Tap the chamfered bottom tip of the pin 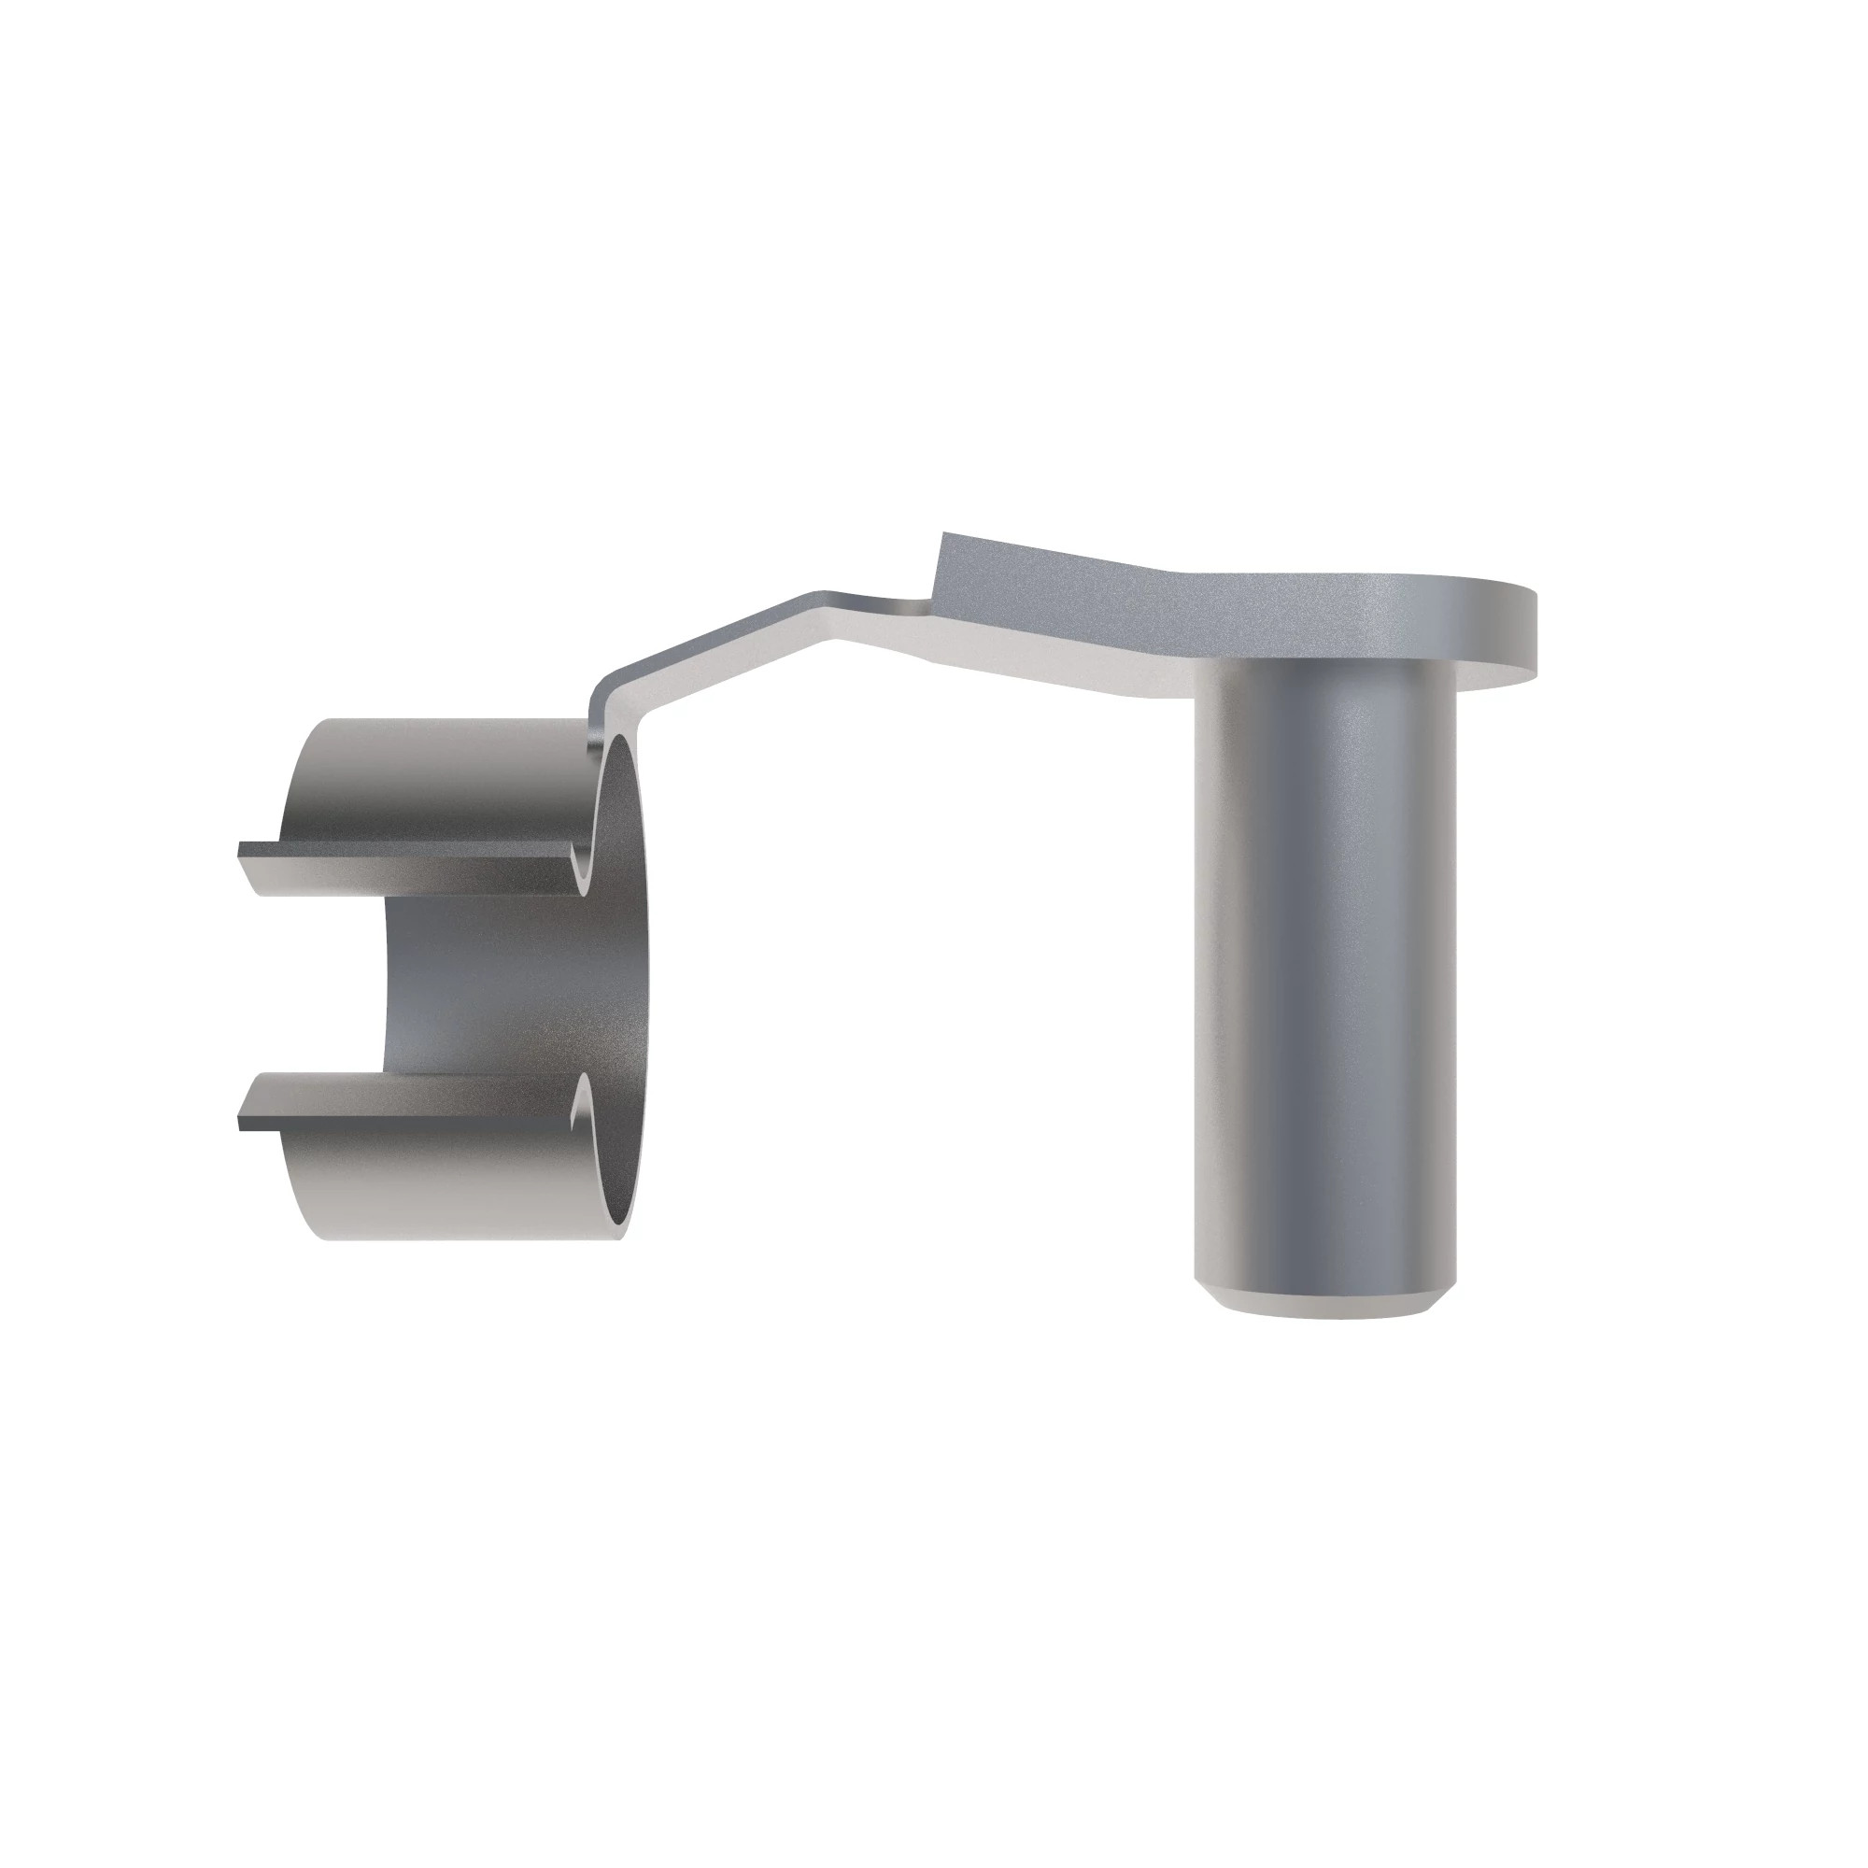coord(1323,1301)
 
